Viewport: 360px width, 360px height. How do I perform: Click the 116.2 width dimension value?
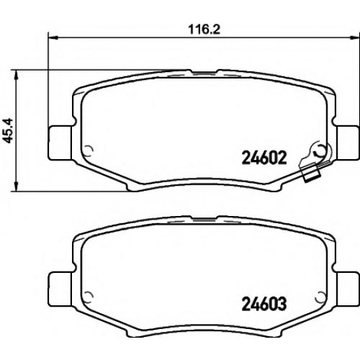point(204,30)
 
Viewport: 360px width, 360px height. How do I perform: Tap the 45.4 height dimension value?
point(9,131)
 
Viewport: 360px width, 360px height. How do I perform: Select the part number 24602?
point(264,158)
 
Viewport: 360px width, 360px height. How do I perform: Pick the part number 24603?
point(264,304)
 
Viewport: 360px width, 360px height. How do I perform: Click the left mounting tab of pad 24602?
point(60,143)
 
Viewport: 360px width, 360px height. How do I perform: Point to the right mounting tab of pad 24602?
point(348,143)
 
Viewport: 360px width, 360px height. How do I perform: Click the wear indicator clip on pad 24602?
point(311,173)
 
